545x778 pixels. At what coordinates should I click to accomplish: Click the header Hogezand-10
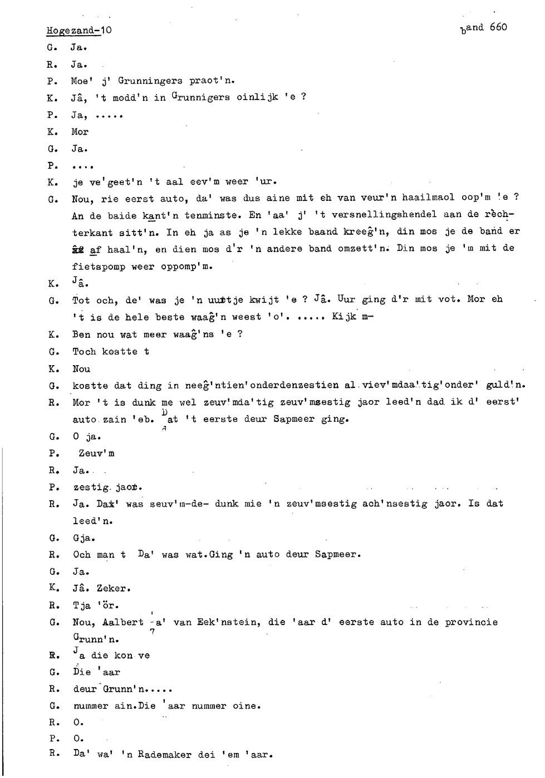[x=79, y=30]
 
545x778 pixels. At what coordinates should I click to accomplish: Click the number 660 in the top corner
[x=498, y=27]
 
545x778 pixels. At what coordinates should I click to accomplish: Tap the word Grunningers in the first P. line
[x=150, y=81]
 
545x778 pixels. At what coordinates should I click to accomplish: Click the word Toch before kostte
[x=84, y=352]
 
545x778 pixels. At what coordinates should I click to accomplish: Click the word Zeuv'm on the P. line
[x=96, y=454]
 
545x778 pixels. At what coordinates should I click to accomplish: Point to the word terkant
[x=92, y=233]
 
